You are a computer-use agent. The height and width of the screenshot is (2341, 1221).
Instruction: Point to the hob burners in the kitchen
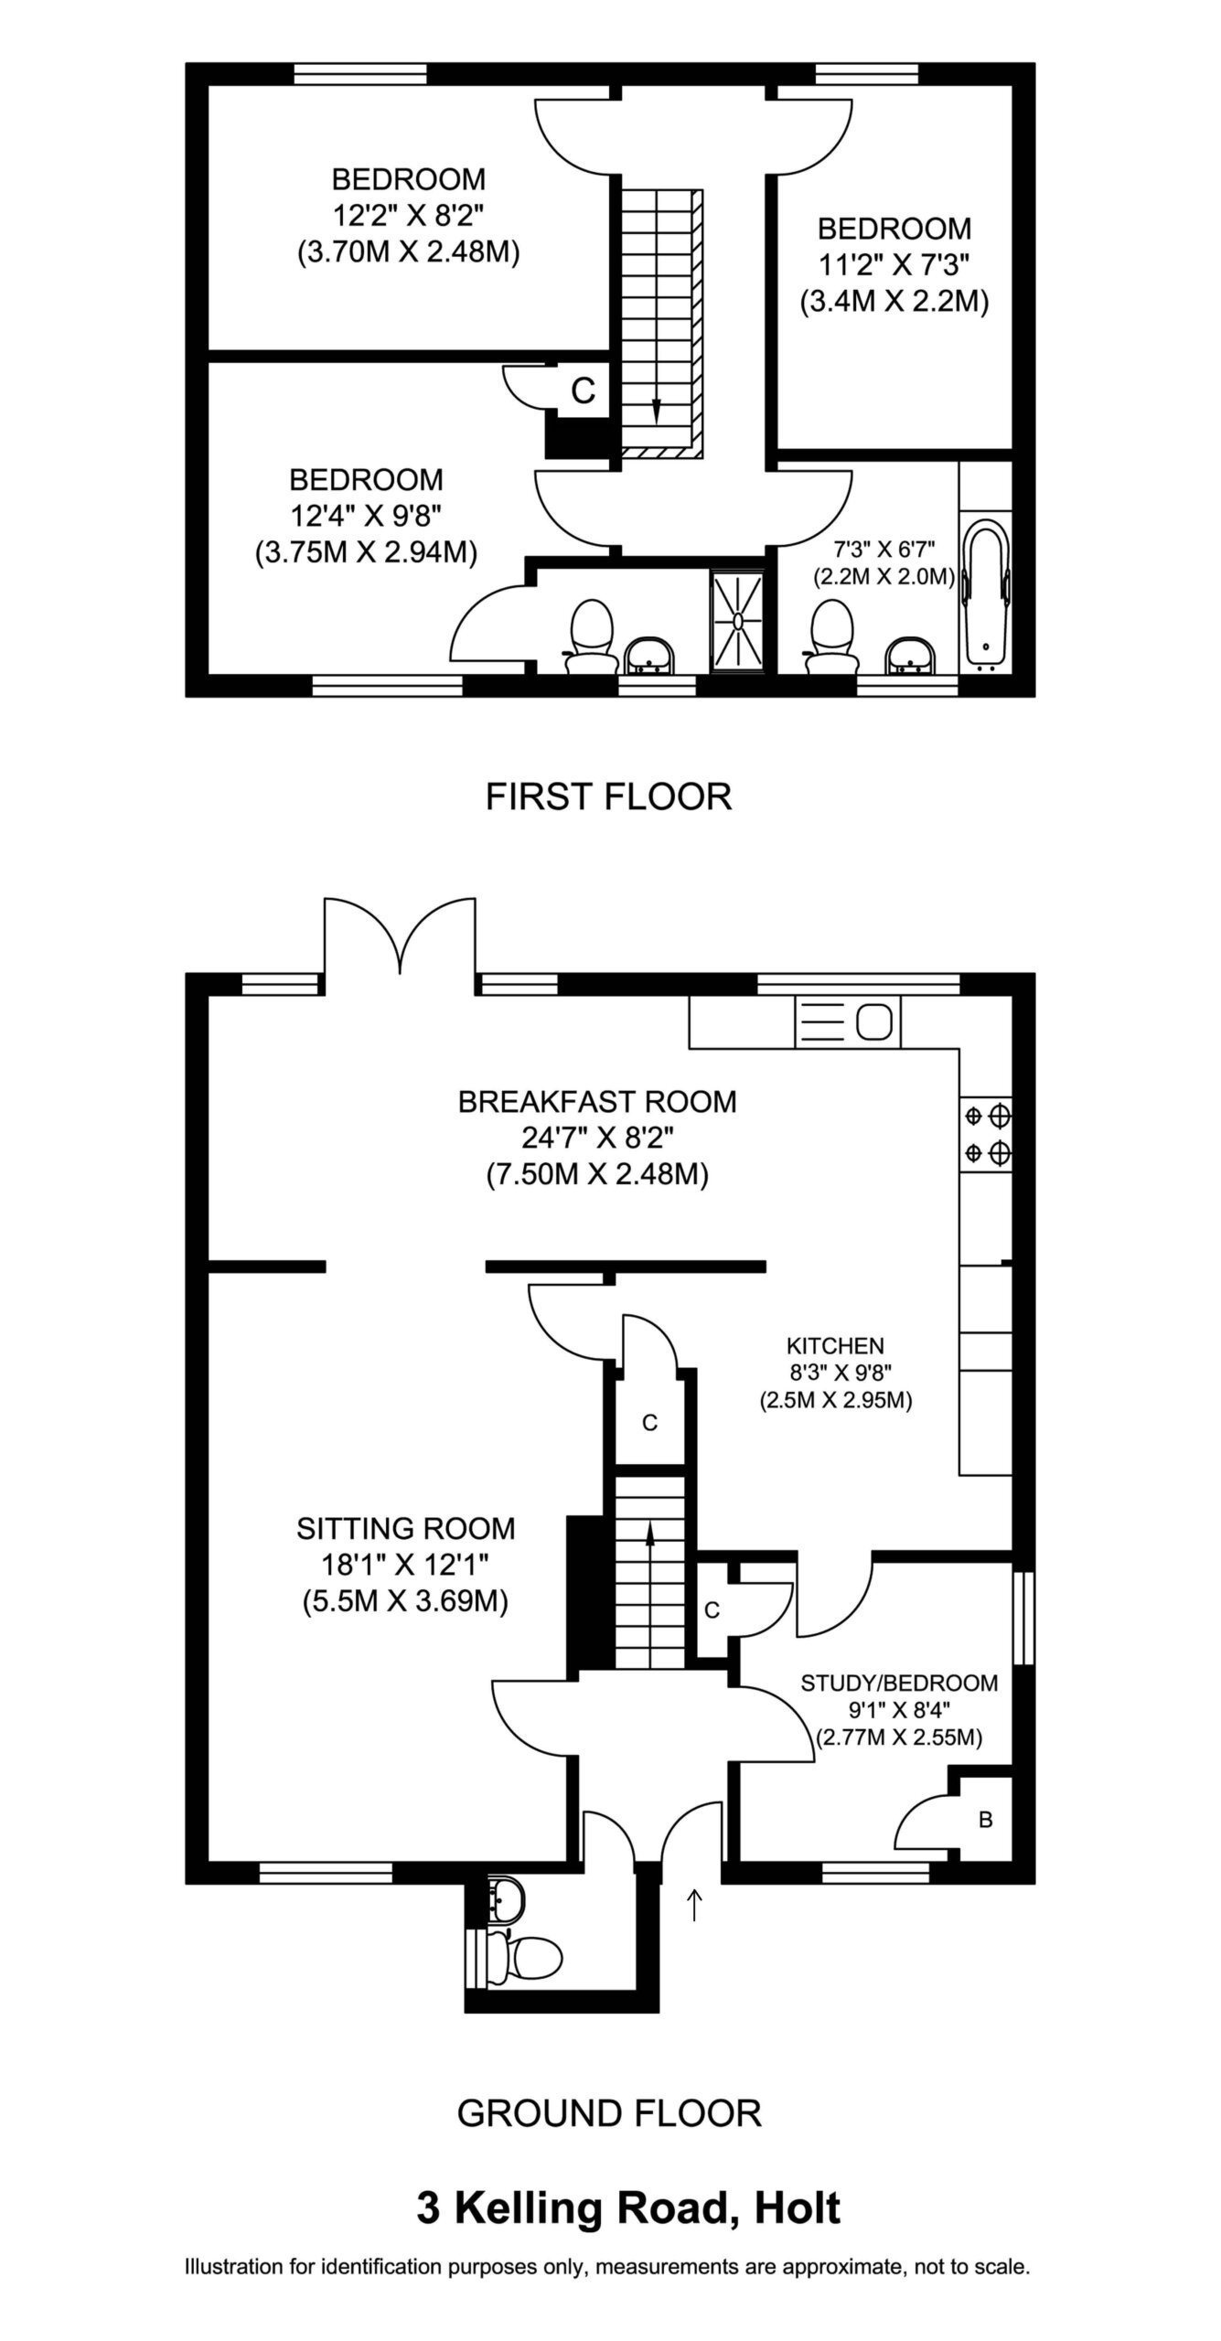tap(987, 1134)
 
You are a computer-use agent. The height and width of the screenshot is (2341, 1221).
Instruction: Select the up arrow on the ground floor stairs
tap(650, 1552)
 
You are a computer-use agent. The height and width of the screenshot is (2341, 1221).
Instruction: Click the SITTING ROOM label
tap(406, 1528)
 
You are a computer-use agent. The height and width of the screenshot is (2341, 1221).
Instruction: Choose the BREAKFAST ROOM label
tap(597, 1101)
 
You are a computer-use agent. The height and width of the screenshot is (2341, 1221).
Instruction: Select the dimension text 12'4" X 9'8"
tap(367, 516)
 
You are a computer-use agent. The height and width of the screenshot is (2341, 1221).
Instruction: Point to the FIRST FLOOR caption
tap(608, 796)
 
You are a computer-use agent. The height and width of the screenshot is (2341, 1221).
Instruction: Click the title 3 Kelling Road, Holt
tap(628, 2207)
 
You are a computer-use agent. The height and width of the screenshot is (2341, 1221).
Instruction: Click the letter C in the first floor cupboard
tap(583, 390)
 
